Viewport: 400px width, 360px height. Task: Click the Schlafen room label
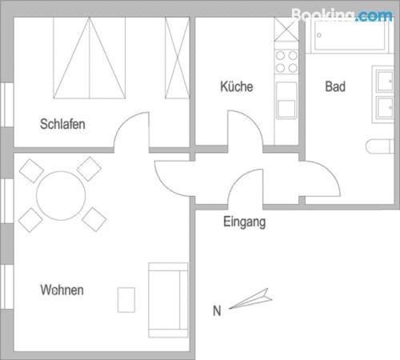62,124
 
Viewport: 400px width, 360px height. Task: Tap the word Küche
237,86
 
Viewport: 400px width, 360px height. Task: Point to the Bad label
335,86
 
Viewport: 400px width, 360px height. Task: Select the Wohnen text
62,290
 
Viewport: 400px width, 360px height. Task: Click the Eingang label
245,222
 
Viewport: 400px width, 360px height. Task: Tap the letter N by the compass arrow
217,311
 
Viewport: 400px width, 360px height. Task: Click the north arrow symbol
250,298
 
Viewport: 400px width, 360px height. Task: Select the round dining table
61,196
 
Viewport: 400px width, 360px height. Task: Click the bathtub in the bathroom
350,35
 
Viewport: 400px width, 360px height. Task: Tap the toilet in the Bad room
380,146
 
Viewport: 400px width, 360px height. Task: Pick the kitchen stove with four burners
286,62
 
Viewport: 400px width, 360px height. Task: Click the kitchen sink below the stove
286,100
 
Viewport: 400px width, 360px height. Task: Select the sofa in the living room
168,300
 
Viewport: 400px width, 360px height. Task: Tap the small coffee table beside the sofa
126,300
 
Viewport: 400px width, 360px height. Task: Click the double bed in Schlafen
90,58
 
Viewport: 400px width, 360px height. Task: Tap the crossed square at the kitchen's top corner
286,30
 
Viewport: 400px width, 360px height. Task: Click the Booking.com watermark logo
342,15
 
